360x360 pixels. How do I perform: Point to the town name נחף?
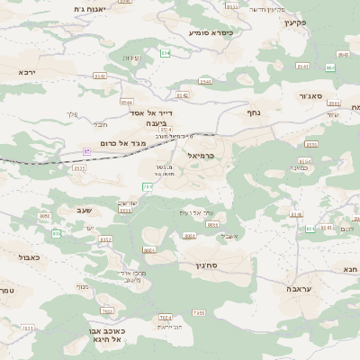click(x=253, y=112)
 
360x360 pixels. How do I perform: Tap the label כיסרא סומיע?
click(x=210, y=32)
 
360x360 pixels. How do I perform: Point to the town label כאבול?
click(x=29, y=256)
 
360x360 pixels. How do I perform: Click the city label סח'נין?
click(x=206, y=265)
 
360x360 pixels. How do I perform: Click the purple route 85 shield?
click(x=86, y=151)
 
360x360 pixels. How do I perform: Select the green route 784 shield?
click(x=147, y=186)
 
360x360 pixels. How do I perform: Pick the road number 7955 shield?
click(x=198, y=312)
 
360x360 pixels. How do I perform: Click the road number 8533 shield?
click(x=78, y=167)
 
